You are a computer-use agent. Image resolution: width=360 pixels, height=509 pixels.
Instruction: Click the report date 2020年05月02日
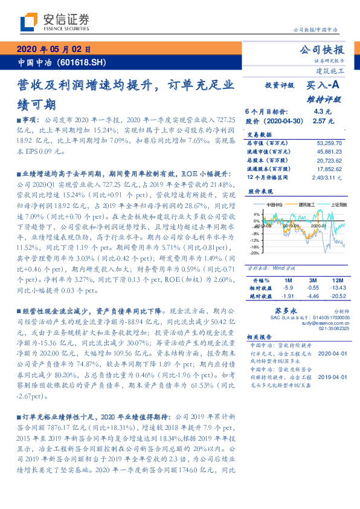click(x=54, y=50)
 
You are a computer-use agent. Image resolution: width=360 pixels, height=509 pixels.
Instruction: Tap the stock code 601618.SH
click(x=85, y=62)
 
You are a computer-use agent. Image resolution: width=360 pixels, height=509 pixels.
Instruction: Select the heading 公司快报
click(x=322, y=50)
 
